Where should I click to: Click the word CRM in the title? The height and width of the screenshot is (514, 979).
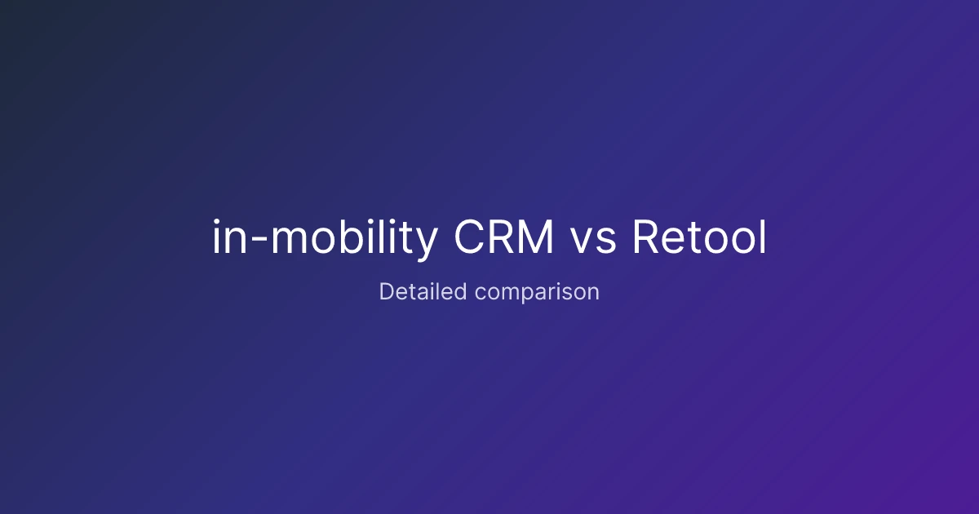(504, 237)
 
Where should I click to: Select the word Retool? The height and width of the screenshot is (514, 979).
(699, 236)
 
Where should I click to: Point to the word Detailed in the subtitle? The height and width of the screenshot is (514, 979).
(423, 291)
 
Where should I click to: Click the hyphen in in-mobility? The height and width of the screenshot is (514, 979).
(259, 240)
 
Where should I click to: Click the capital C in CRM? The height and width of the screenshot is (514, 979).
(469, 237)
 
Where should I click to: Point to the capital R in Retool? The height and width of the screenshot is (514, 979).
(646, 237)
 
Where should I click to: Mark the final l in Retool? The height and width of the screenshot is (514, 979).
(764, 236)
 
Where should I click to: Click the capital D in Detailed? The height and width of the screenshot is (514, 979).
(388, 291)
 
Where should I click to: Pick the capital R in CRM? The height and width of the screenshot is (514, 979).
(503, 237)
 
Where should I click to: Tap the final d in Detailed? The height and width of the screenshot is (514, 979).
(460, 291)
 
